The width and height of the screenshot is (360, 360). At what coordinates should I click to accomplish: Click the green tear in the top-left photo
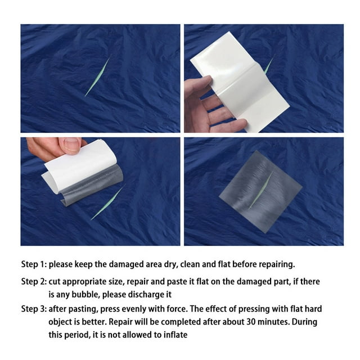[97, 76]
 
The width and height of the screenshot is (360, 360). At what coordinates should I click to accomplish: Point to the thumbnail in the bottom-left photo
[71, 146]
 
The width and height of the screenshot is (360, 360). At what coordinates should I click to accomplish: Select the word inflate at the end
[175, 335]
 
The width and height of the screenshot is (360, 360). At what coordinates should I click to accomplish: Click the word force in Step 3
[184, 309]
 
